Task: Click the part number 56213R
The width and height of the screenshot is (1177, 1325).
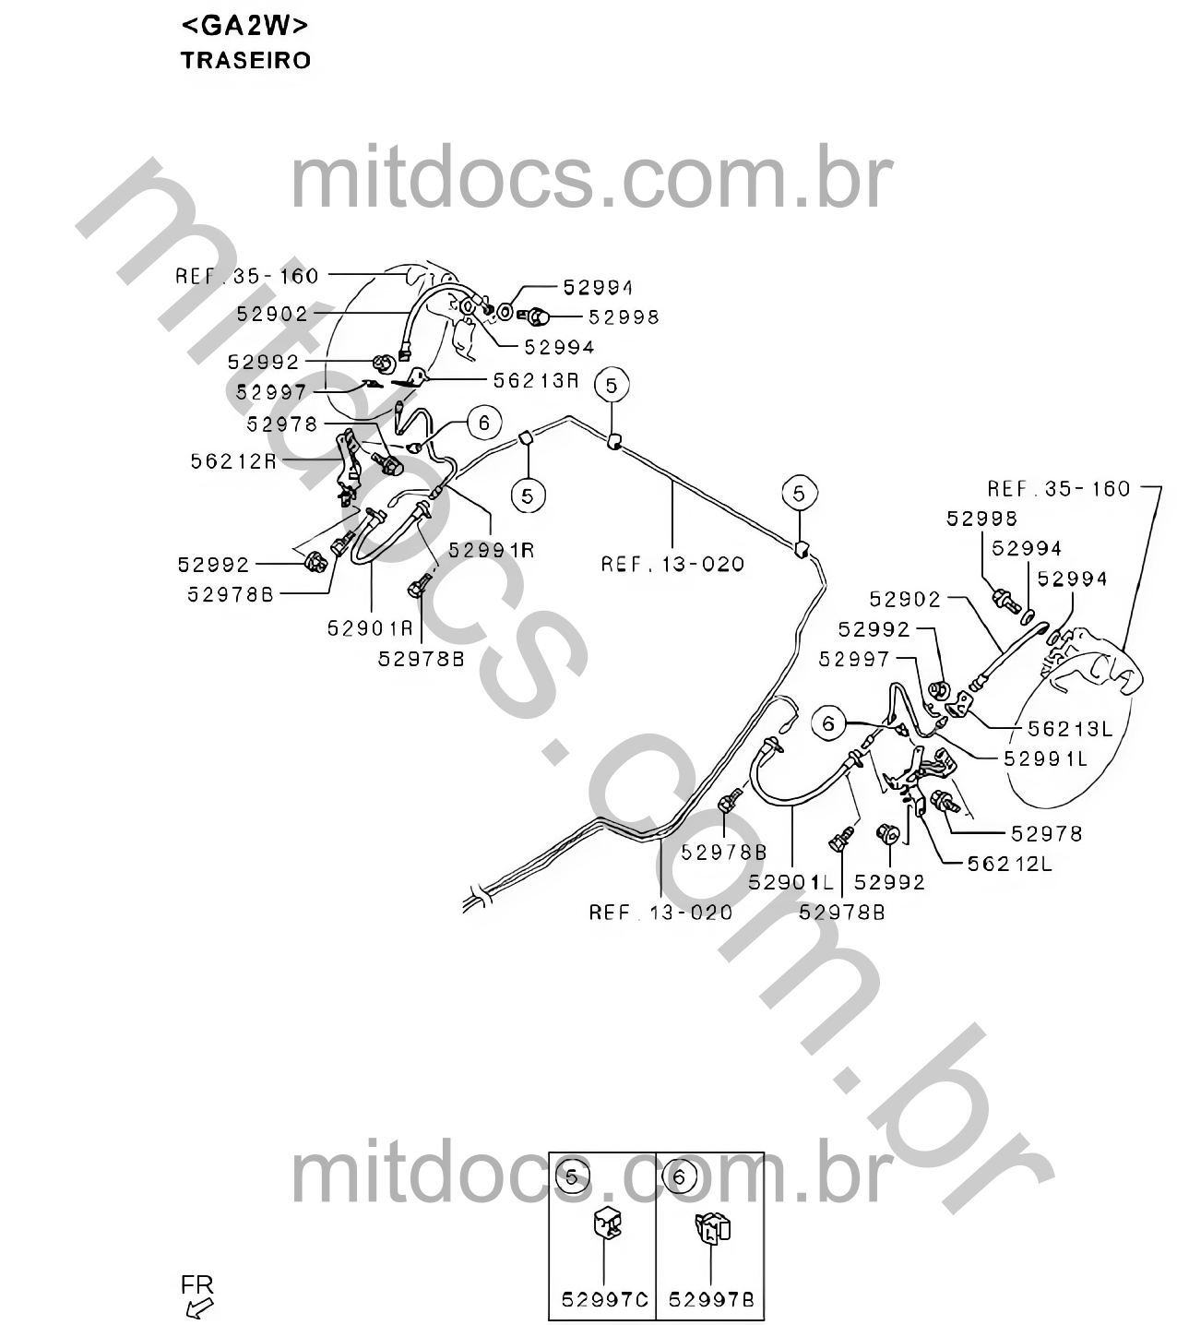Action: [536, 381]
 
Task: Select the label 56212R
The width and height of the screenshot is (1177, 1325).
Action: [233, 461]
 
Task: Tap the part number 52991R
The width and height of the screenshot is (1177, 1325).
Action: [492, 551]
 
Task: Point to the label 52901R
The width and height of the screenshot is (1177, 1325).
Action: [370, 628]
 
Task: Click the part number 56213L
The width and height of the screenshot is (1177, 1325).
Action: [1070, 729]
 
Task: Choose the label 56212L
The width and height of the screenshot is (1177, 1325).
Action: [1010, 864]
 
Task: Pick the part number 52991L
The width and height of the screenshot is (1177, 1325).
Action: [1046, 758]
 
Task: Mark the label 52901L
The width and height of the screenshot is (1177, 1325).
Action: [791, 882]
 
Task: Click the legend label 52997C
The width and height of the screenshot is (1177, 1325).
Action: [605, 1299]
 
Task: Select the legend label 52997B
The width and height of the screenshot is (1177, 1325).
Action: [711, 1299]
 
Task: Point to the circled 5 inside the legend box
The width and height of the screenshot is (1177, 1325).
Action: [572, 1178]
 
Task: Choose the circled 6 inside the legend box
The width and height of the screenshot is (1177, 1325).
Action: [679, 1178]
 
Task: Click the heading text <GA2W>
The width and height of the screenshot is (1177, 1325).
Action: [244, 26]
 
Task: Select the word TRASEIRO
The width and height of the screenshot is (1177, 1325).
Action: [245, 60]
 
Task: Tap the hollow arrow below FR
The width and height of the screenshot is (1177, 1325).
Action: [199, 1308]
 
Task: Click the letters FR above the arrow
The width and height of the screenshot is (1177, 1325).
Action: [196, 1284]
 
